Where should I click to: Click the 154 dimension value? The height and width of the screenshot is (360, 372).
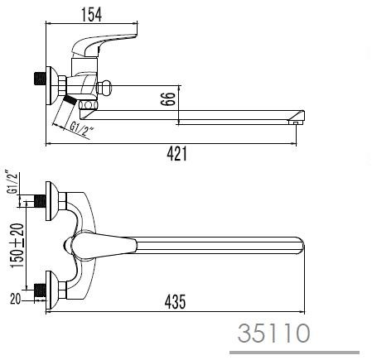click(91, 15)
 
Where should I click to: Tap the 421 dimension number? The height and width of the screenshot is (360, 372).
click(176, 154)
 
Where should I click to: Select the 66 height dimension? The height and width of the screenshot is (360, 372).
click(168, 98)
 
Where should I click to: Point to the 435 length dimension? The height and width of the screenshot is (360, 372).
click(175, 301)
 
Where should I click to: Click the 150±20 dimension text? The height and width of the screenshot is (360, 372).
click(17, 245)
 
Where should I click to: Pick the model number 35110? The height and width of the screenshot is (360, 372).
click(273, 334)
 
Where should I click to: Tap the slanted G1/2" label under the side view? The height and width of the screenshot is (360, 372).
click(81, 130)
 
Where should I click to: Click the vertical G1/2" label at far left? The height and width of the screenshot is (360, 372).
click(12, 183)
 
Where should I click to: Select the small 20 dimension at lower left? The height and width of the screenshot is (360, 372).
click(15, 299)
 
